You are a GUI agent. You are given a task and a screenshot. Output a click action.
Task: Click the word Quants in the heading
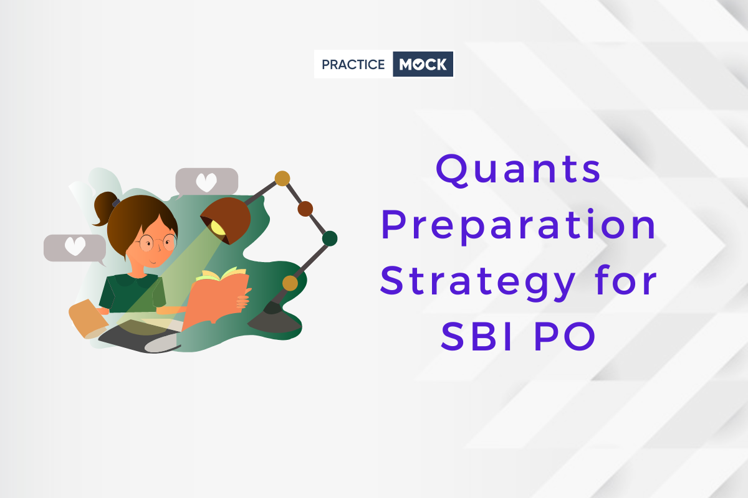coord(519,171)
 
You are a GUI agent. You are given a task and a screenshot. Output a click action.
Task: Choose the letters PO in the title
coord(565,336)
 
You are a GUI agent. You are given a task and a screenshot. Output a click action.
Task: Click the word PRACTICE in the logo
coord(353,64)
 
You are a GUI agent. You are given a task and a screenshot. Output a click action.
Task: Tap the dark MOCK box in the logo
coord(423,64)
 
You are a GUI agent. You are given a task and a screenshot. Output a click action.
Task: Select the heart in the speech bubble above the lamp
coord(206,182)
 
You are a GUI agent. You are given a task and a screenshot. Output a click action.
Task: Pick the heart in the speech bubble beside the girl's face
coord(75,246)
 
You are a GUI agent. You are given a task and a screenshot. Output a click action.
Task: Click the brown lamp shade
coord(226,219)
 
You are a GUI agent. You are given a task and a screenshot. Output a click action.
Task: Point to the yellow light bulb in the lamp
coord(218,228)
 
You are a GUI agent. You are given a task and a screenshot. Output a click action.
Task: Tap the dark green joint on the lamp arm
coord(330,238)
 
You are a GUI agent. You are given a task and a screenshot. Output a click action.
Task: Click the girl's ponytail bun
coord(104,208)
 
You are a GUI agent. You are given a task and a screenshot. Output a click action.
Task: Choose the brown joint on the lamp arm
coord(305,209)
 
